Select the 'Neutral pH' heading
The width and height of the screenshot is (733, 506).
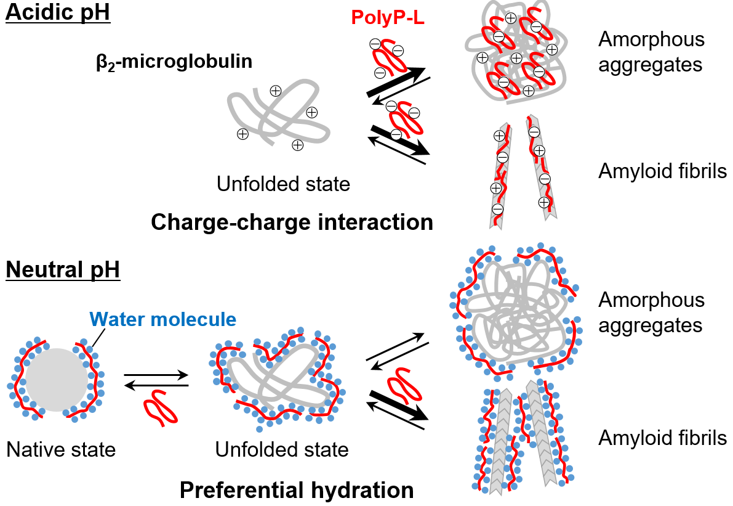pyautogui.click(x=63, y=269)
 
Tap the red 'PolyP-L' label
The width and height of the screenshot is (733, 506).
pyautogui.click(x=388, y=17)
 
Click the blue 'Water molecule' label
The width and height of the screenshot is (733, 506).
pyautogui.click(x=162, y=319)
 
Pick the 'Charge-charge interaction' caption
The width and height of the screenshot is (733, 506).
pyautogui.click(x=292, y=222)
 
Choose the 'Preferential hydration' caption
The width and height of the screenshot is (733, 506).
pyautogui.click(x=297, y=490)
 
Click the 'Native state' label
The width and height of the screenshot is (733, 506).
pyautogui.click(x=61, y=449)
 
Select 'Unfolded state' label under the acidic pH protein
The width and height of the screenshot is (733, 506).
pyautogui.click(x=282, y=183)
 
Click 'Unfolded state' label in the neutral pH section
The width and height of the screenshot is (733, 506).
pyautogui.click(x=282, y=449)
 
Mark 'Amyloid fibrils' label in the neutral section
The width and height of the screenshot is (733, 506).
pyautogui.click(x=662, y=438)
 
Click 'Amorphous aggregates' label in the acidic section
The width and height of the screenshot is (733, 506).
pyautogui.click(x=651, y=52)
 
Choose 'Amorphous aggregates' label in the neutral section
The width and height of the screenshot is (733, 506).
pyautogui.click(x=651, y=312)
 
